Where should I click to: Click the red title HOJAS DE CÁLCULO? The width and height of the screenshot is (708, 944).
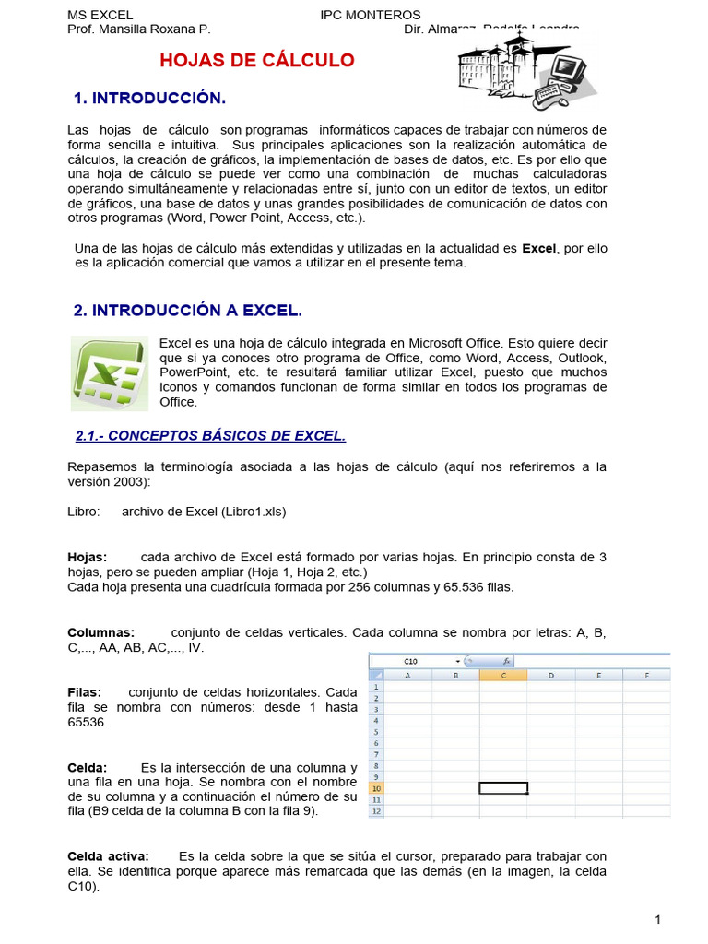pyautogui.click(x=257, y=61)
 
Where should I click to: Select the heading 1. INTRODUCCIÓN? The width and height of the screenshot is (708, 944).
pyautogui.click(x=149, y=98)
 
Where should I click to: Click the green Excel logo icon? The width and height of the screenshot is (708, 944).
pyautogui.click(x=110, y=373)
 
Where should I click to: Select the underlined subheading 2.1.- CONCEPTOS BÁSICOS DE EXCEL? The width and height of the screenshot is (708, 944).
pyautogui.click(x=210, y=435)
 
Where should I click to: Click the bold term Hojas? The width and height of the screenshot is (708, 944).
pyautogui.click(x=88, y=557)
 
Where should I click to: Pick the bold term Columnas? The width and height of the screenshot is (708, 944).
pyautogui.click(x=101, y=632)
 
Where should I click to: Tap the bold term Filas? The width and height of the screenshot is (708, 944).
pyautogui.click(x=85, y=692)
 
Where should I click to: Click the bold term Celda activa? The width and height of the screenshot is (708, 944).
pyautogui.click(x=109, y=856)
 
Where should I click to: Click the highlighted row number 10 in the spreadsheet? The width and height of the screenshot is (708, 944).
pyautogui.click(x=375, y=788)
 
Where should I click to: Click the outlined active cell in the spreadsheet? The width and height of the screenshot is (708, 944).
pyautogui.click(x=503, y=788)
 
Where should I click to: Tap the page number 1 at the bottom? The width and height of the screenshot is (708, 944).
pyautogui.click(x=658, y=919)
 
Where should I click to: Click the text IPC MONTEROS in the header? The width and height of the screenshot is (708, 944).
pyautogui.click(x=370, y=15)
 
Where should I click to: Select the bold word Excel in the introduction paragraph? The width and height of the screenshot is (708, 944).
pyautogui.click(x=539, y=248)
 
